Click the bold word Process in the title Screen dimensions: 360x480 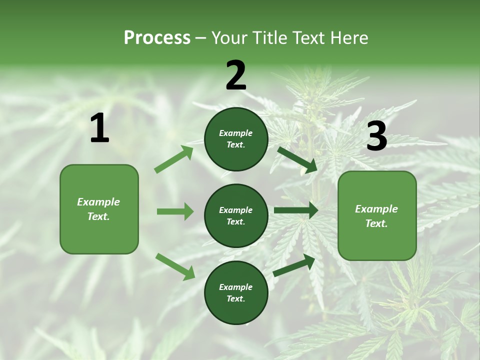coord(157,38)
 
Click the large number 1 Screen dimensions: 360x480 coord(99,128)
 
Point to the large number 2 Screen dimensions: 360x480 coord(236,75)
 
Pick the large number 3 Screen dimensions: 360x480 coord(376,136)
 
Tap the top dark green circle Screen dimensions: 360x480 coord(236,139)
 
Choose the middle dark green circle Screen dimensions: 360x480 coord(236,216)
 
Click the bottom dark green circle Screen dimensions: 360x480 coord(236,293)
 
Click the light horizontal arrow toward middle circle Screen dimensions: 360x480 coord(175,211)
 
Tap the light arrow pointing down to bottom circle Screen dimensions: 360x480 coord(175,266)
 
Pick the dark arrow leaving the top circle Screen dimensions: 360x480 coord(297,159)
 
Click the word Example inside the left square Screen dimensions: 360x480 coord(98,202)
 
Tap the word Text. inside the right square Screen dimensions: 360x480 coord(376,223)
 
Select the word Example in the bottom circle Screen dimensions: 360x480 coord(235,287)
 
